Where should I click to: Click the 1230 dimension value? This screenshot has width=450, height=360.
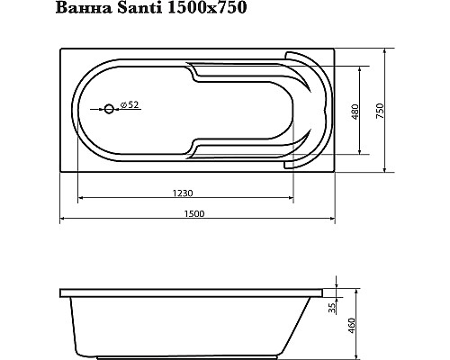pyautogui.click(x=186, y=192)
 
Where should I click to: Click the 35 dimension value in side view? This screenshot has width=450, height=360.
pyautogui.click(x=331, y=310)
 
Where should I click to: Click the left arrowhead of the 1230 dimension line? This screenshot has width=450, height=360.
pyautogui.click(x=81, y=198)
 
